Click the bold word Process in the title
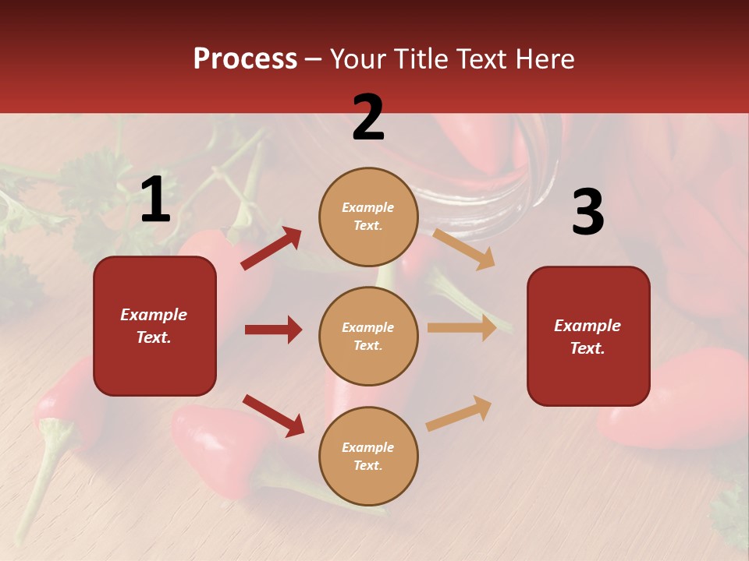pyautogui.click(x=245, y=59)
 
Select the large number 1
pyautogui.click(x=155, y=200)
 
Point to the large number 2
pyautogui.click(x=368, y=118)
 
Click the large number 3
pyautogui.click(x=587, y=213)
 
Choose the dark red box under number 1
pyautogui.click(x=154, y=326)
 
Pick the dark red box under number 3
pyautogui.click(x=588, y=337)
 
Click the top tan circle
pyautogui.click(x=368, y=217)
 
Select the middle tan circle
pyautogui.click(x=368, y=337)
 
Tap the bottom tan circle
pyautogui.click(x=368, y=457)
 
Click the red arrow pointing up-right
pyautogui.click(x=271, y=248)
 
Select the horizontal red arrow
pyautogui.click(x=273, y=330)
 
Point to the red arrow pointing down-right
pyautogui.click(x=273, y=415)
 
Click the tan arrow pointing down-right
pyautogui.click(x=463, y=249)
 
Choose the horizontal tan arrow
pyautogui.click(x=462, y=328)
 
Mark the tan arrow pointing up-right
pyautogui.click(x=459, y=413)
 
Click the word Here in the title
pyautogui.click(x=545, y=59)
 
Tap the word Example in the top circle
pyautogui.click(x=368, y=208)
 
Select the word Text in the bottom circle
pyautogui.click(x=367, y=465)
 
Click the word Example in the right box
pyautogui.click(x=587, y=326)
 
